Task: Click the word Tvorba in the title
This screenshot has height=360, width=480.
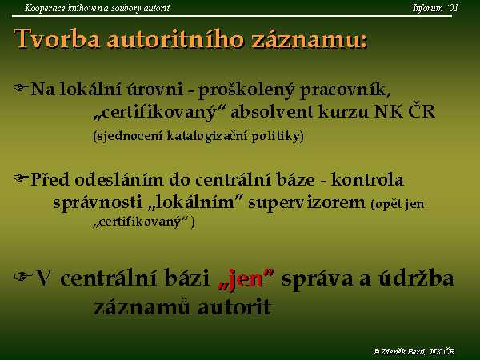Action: point(57,39)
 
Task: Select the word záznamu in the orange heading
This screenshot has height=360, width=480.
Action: point(309,40)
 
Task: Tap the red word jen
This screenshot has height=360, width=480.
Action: point(246,279)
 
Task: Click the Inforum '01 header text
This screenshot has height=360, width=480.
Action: point(435,8)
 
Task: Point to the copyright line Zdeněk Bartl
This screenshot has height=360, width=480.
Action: point(414,351)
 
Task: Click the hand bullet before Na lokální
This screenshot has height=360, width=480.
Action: point(21,88)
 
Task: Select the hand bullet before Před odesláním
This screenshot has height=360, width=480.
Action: point(21,178)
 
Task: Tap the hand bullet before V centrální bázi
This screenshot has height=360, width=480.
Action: point(23,276)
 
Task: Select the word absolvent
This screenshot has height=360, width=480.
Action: point(271,111)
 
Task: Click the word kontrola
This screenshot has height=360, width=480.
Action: point(367,179)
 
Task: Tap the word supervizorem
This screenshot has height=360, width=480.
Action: point(306,203)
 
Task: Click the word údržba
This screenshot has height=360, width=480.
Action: point(416,278)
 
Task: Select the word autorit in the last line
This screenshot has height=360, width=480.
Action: point(234,307)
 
